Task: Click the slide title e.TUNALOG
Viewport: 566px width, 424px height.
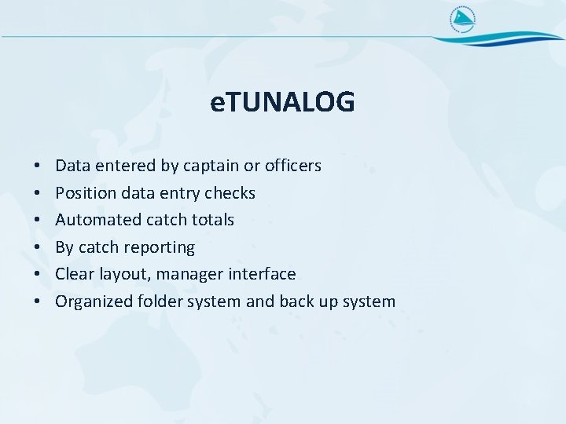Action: pos(283,102)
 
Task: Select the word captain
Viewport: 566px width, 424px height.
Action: pos(211,166)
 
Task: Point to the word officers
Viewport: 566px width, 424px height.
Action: pos(293,166)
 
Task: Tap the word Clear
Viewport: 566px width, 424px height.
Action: pos(74,274)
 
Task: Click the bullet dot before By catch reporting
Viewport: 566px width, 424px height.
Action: pos(38,247)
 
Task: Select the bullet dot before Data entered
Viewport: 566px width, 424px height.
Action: pos(38,166)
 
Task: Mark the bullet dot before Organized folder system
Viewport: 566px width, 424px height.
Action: pos(38,302)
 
